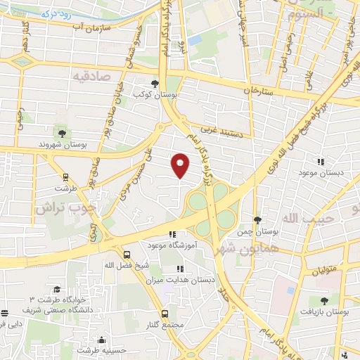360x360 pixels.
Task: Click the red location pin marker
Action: [181, 165]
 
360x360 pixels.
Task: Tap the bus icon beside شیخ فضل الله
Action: [127, 255]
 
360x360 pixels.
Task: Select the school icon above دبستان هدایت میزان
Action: [179, 269]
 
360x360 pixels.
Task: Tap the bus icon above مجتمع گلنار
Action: [165, 314]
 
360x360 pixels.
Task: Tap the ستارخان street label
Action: [257, 91]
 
